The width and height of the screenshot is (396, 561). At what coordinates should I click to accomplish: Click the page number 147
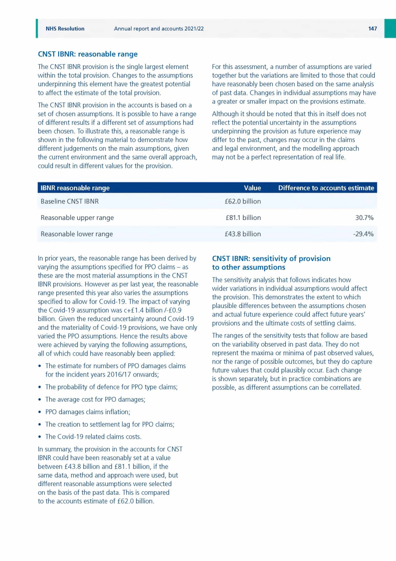point(372,29)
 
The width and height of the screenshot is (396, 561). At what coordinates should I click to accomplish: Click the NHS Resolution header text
point(65,29)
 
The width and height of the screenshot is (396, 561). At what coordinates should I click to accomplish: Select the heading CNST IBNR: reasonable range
point(88,54)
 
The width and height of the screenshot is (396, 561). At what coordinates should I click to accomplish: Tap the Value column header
point(252,188)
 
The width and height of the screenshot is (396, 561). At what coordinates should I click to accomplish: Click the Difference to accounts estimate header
point(326,188)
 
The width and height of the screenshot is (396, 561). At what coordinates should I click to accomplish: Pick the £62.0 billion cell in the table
point(243,201)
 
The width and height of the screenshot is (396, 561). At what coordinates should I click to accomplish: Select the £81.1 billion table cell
point(243,218)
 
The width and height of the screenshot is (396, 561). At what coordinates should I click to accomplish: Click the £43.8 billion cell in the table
point(243,234)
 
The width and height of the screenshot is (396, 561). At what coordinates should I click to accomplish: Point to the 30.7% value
point(364,218)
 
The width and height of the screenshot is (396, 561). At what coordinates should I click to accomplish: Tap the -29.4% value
point(363,234)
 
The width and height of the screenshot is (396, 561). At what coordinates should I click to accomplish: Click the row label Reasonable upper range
point(77,218)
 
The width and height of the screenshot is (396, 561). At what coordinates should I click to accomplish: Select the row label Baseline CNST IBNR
point(70,201)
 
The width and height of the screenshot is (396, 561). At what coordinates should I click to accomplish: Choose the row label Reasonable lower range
point(77,234)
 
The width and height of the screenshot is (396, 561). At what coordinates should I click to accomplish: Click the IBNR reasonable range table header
point(75,188)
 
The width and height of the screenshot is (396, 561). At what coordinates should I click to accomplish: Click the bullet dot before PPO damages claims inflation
point(40,412)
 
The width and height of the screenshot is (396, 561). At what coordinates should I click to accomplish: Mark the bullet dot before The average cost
point(40,400)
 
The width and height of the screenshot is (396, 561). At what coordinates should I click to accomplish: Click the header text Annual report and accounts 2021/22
point(159,29)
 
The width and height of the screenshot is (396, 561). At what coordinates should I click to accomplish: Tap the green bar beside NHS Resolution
point(37,28)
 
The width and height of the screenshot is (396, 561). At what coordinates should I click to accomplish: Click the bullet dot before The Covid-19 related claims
point(40,437)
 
